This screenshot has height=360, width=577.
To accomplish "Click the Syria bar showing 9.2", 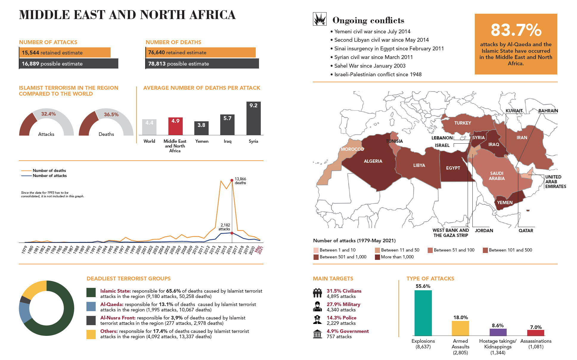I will point(253,119).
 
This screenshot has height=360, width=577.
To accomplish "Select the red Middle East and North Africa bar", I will point(175,126).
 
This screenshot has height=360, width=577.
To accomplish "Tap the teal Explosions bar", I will point(423,313).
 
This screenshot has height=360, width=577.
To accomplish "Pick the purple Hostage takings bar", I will point(498,332).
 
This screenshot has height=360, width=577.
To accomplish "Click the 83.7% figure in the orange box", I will point(516,30).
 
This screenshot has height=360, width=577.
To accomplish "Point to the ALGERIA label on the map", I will point(373,161).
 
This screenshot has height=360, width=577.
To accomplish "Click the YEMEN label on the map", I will point(505,203).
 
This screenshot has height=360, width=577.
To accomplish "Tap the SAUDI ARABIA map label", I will point(497,176).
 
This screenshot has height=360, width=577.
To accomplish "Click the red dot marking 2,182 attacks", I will point(232,233).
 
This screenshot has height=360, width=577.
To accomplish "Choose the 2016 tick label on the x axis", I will point(229,250).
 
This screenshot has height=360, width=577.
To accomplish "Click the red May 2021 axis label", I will point(259,250).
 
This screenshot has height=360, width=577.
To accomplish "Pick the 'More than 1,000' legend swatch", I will point(377,257).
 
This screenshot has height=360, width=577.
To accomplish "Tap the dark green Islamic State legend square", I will point(91,292).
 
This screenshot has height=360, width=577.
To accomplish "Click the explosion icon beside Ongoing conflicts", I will point(319,19).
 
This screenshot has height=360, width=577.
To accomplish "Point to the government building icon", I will point(317,334).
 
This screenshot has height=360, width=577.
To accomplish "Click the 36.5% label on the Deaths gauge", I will point(111,114).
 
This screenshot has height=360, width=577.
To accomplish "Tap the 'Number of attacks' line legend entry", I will point(49,176).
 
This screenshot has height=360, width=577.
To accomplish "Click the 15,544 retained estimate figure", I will point(30,53).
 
